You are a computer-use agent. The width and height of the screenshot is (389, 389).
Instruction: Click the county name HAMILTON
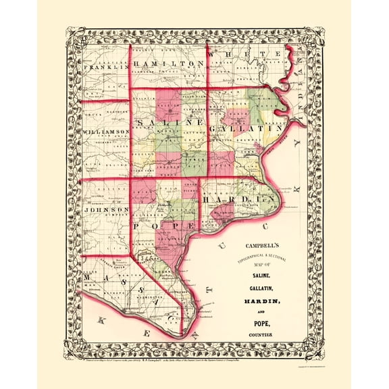169,63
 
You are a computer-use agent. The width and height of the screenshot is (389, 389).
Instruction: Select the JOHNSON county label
106,210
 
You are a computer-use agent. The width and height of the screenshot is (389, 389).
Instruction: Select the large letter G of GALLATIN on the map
215,127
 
